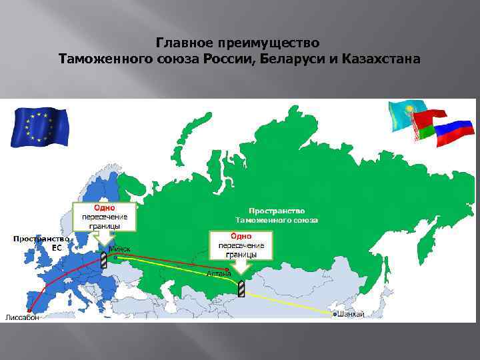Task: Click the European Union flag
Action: (x=39, y=127)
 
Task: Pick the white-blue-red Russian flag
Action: (x=453, y=133)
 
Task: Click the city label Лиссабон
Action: (x=22, y=317)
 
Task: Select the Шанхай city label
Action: (x=351, y=314)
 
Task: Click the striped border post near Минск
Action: (x=104, y=259)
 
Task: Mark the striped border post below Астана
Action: (x=242, y=288)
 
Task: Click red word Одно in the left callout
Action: (x=103, y=207)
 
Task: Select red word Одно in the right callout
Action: (x=241, y=235)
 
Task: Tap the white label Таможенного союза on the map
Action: (x=277, y=219)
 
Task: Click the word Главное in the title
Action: (x=183, y=43)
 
